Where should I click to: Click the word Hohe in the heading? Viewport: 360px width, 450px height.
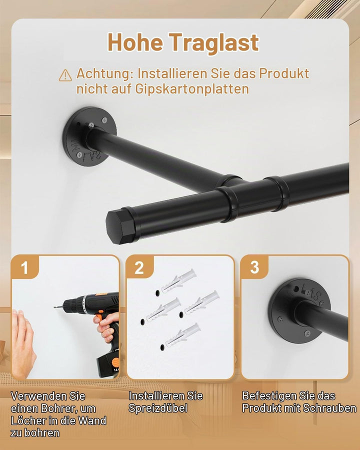(x=135, y=42)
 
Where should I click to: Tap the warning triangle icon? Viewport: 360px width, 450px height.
(x=65, y=75)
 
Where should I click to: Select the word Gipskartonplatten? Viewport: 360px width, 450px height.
(x=192, y=89)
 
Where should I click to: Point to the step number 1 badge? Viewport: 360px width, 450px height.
(x=24, y=267)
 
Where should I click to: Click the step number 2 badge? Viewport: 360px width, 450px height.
(x=139, y=267)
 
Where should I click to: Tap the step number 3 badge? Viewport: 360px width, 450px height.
(x=254, y=267)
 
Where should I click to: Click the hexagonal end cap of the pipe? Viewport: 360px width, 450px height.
(x=120, y=226)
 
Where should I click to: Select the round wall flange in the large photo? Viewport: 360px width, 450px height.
(x=88, y=136)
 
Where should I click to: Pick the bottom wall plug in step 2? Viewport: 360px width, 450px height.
(x=183, y=334)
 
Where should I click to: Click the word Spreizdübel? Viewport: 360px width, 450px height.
(x=157, y=408)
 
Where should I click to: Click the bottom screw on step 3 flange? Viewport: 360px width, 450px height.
(x=307, y=333)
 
